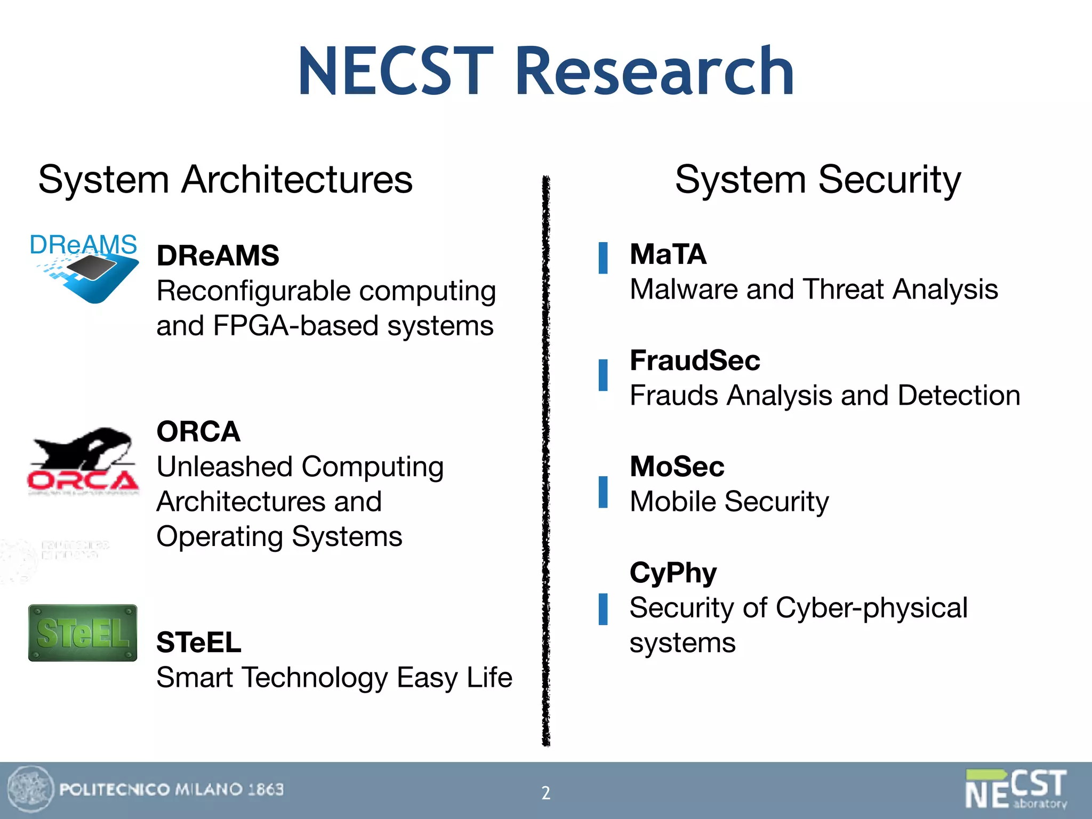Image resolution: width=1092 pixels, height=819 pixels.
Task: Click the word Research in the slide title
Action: point(654,71)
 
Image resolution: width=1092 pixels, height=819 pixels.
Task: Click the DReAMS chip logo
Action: point(84,268)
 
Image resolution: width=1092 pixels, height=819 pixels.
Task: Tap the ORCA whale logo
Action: point(84,461)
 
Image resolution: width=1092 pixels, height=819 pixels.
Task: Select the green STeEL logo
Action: point(83,633)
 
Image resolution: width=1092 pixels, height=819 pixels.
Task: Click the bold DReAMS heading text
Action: point(218,255)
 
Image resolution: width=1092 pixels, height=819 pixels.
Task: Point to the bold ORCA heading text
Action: point(198,431)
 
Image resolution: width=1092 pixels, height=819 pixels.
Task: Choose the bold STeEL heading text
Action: point(198,642)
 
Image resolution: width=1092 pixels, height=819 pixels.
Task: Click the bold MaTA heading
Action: point(668,254)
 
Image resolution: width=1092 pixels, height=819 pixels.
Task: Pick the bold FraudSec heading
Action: point(695,360)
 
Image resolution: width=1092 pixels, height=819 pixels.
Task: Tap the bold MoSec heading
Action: point(677,467)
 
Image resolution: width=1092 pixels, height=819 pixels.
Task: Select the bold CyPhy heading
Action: point(673,573)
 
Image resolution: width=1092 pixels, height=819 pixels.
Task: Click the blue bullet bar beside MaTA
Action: point(603,258)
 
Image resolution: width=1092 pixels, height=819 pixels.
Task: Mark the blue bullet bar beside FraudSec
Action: point(603,375)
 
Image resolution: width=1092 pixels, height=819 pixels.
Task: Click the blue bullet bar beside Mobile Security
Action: point(603,492)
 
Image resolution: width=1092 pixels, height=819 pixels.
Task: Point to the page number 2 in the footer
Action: point(545,793)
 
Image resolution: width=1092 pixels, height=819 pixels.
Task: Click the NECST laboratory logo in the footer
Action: point(1016,789)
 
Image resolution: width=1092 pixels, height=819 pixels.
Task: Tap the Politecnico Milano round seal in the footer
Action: point(30,790)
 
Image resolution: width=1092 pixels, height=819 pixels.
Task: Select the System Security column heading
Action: point(817,180)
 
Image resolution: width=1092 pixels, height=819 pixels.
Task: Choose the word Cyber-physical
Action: point(871,608)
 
